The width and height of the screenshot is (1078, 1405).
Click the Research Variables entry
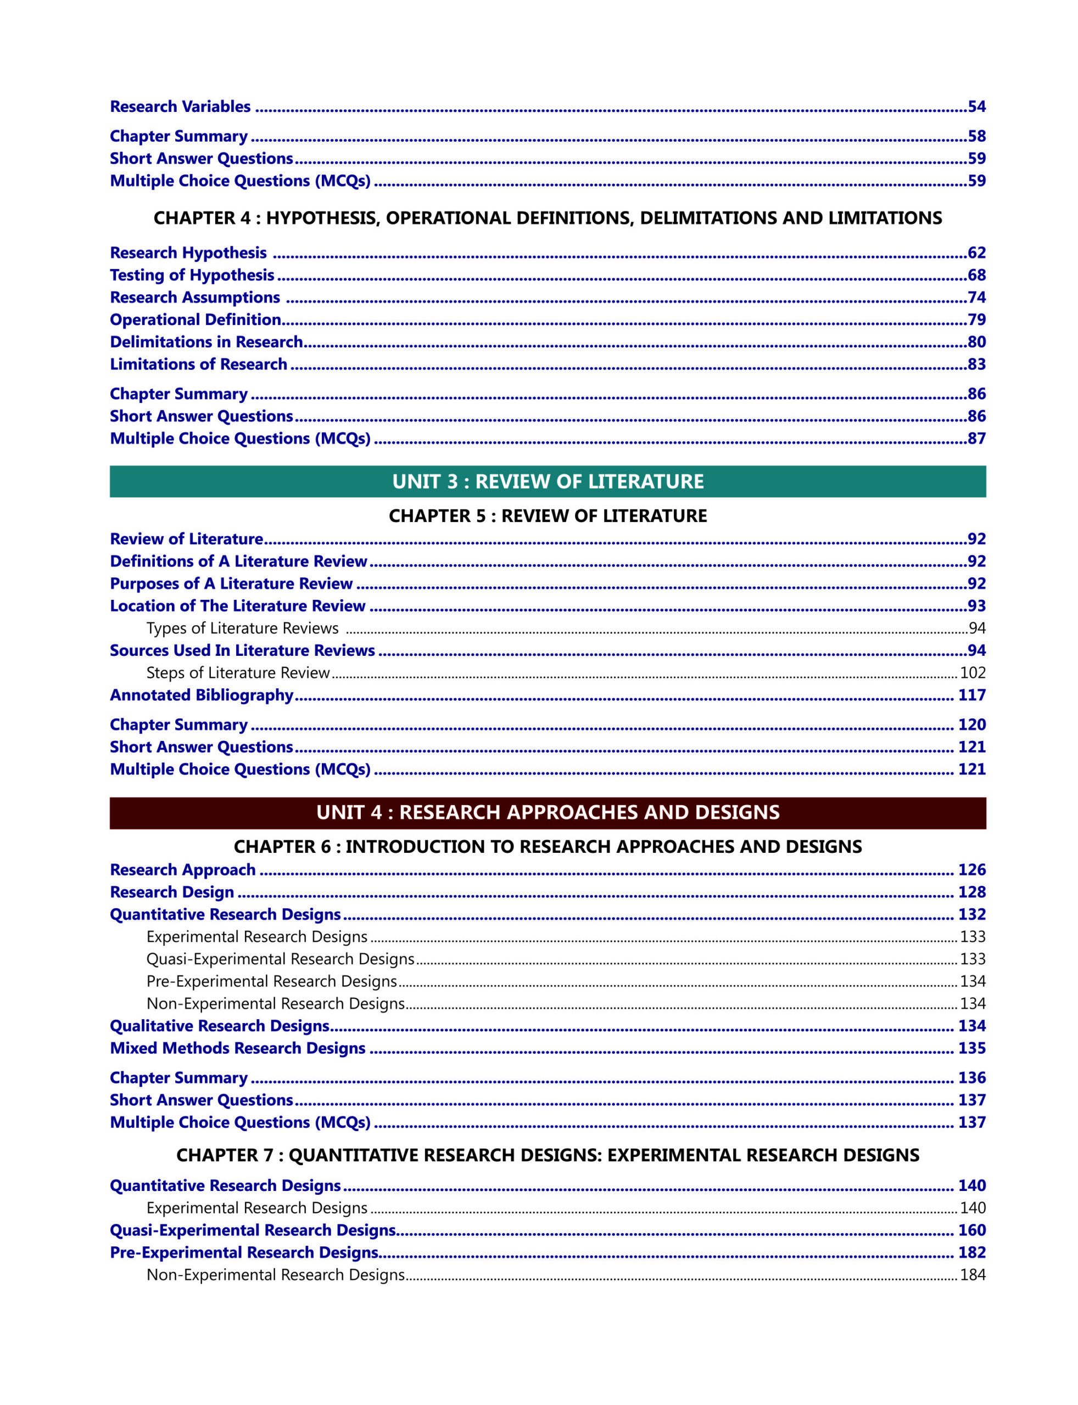click(x=180, y=106)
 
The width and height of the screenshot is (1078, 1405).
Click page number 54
click(x=976, y=106)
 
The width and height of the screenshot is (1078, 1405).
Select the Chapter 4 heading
click(x=548, y=218)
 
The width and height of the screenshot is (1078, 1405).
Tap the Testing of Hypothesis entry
click(x=192, y=275)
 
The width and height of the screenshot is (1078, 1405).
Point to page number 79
click(x=976, y=319)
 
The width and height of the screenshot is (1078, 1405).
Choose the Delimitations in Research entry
click(x=206, y=342)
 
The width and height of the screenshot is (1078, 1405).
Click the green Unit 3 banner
click(x=548, y=481)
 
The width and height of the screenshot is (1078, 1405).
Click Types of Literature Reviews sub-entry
click(x=242, y=628)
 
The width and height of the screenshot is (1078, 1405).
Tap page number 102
click(x=972, y=673)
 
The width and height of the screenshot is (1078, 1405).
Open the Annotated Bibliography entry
click(x=202, y=695)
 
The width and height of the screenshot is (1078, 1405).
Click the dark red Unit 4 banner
click(x=548, y=812)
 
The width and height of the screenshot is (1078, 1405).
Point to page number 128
click(x=971, y=892)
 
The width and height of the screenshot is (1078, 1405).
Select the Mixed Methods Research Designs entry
click(x=237, y=1048)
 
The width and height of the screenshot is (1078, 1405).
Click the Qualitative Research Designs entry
click(x=220, y=1025)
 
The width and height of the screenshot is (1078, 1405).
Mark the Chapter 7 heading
click(x=548, y=1155)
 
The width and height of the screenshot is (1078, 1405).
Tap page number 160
click(x=971, y=1230)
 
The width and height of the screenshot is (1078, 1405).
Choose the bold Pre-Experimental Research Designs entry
click(x=244, y=1252)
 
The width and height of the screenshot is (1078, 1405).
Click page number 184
click(x=972, y=1275)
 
